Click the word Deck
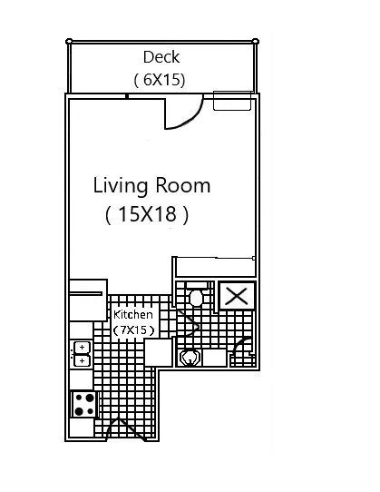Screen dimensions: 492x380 (x=161, y=58)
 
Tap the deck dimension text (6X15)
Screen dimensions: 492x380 (x=160, y=80)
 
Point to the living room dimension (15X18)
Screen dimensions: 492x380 (x=146, y=215)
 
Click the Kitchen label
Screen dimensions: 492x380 (x=132, y=314)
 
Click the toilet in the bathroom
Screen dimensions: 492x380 (x=195, y=296)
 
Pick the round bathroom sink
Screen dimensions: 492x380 (x=189, y=358)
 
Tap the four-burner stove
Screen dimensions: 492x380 (x=84, y=404)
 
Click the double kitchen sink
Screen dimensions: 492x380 (x=82, y=353)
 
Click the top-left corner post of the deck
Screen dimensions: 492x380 (x=68, y=40)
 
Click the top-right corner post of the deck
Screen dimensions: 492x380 (x=255, y=40)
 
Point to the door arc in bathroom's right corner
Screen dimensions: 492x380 (x=243, y=348)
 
